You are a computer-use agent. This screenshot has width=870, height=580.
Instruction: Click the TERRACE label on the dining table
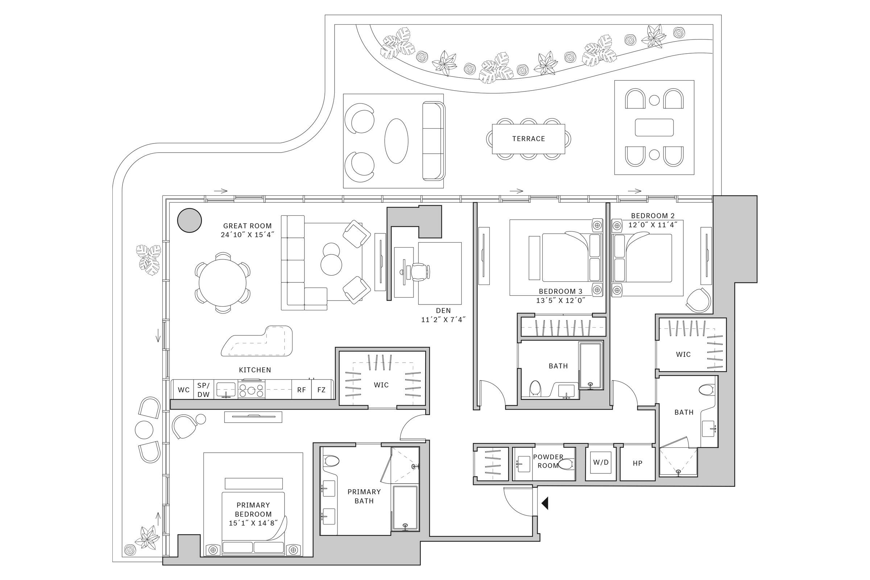pos(528,139)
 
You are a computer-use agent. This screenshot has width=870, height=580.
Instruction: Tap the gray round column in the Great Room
pos(189,220)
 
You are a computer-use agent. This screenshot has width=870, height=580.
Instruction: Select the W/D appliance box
pos(600,463)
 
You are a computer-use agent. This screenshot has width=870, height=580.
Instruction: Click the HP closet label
pos(637,463)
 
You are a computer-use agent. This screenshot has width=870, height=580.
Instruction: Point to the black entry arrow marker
pos(545,503)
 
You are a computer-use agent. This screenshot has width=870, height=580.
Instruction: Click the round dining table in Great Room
pos(222,283)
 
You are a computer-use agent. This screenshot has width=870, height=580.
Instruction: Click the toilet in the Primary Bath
pos(331,461)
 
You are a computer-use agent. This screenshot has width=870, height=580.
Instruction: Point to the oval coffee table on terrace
pos(396,141)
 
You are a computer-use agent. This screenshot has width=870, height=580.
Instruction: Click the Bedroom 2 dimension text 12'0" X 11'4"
pos(652,224)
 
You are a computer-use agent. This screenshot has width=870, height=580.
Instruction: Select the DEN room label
pos(443,311)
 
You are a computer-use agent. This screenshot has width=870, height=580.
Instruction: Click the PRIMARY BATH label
pos(364,496)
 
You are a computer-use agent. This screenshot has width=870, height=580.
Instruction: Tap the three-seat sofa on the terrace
pos(433,141)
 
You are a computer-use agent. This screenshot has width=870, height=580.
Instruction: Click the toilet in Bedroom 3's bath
pos(535,389)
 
